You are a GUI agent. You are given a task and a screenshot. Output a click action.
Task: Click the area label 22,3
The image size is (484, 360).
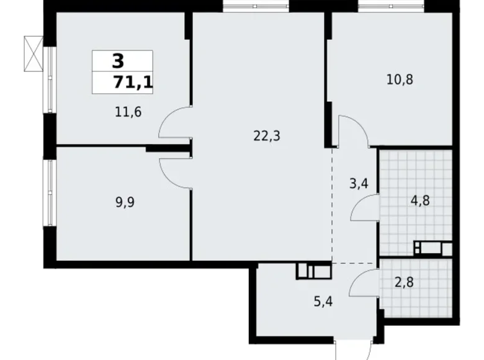tap(267, 136)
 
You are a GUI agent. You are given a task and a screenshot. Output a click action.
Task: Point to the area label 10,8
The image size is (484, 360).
tap(399, 79)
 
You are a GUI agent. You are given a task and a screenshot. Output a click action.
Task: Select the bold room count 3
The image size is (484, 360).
tap(118, 61)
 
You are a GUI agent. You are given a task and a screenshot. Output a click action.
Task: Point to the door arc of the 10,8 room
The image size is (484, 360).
tap(354, 131)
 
